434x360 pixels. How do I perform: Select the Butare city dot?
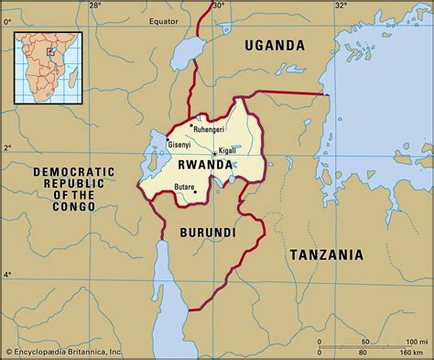[195, 191]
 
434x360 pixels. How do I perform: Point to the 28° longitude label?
[96, 6]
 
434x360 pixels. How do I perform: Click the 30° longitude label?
[218, 6]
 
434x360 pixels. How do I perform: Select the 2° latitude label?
[8, 147]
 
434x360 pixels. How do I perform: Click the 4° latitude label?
[8, 275]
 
